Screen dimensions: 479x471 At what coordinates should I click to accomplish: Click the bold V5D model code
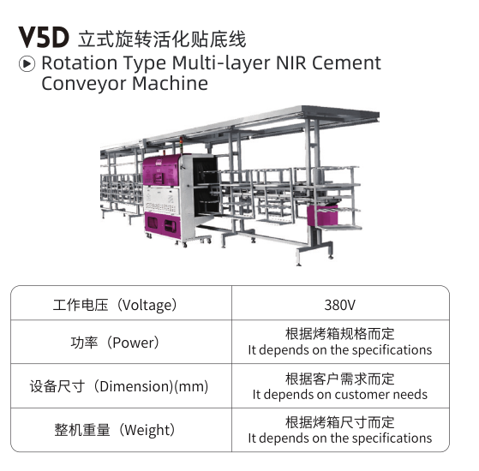(44, 38)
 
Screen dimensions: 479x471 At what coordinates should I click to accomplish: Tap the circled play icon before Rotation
(27, 63)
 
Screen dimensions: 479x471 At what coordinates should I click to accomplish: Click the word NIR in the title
(290, 63)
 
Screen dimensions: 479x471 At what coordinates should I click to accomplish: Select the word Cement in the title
(346, 63)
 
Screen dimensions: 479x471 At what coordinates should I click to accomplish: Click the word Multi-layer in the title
(221, 63)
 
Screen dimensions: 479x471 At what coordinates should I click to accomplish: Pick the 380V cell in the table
(339, 305)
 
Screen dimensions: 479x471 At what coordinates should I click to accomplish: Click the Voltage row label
(115, 305)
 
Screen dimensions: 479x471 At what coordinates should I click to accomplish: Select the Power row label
(115, 343)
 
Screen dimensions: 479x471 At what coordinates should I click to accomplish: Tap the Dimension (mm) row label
(119, 386)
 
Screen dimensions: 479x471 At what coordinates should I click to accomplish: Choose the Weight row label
(115, 430)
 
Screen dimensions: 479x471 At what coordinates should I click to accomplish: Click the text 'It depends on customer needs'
(339, 395)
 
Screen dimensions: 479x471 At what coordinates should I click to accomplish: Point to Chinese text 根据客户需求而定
(339, 379)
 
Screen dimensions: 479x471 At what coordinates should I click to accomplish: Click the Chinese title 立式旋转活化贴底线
(162, 39)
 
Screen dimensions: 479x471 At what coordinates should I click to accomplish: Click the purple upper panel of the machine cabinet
(161, 170)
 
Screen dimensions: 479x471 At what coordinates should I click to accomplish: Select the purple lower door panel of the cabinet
(162, 225)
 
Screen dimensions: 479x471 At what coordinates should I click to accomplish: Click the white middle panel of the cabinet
(161, 199)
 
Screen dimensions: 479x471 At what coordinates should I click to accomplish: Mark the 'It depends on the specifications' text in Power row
(339, 349)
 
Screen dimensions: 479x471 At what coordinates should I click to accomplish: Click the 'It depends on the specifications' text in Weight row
(339, 438)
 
